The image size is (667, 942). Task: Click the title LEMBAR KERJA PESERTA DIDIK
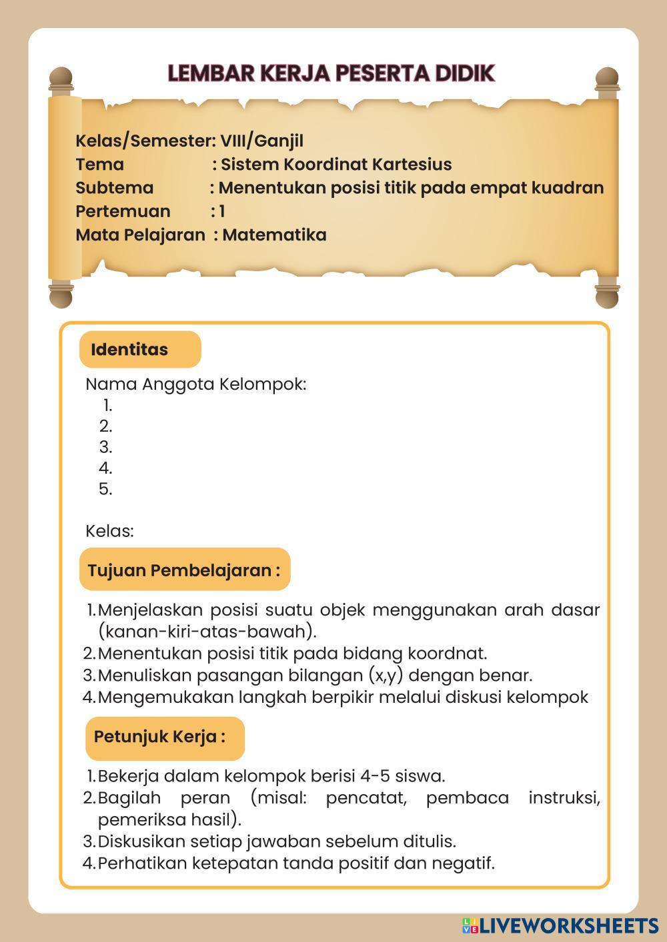pos(331,73)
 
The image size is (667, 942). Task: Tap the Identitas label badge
pos(139,350)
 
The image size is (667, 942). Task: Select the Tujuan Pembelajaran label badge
pos(184,570)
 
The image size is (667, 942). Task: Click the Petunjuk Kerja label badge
pos(164,737)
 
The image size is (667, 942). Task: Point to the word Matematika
pos(274,235)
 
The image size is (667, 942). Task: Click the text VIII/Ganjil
pos(261,141)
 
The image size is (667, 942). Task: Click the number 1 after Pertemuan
pos(222,212)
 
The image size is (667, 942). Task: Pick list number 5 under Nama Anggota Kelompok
pos(105,489)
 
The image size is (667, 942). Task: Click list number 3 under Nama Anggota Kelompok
pos(105,447)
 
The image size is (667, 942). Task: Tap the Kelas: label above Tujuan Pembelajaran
pos(109,532)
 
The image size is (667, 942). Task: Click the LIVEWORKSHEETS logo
pos(560,925)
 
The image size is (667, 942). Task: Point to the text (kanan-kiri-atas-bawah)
pos(207,631)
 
